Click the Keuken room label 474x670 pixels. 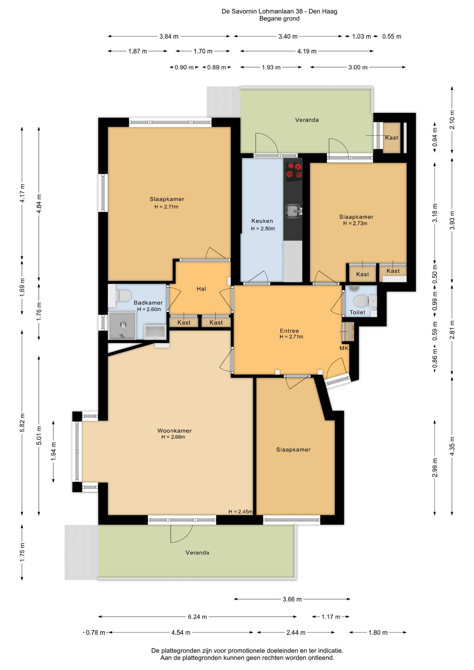262,221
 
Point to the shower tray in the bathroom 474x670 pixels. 122,326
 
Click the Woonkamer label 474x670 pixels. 175,431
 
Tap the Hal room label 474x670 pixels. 201,289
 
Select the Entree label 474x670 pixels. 289,331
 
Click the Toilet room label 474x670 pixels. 357,312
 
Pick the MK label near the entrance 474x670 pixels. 344,348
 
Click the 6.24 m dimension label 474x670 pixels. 197,617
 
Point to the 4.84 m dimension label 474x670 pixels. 39,204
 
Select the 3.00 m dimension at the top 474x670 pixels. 358,67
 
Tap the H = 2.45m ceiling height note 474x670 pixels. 240,512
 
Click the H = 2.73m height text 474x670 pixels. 355,223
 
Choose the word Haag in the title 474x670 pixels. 330,12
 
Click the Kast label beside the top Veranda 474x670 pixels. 392,138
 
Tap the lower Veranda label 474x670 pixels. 198,552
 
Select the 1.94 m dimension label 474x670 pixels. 54,451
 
